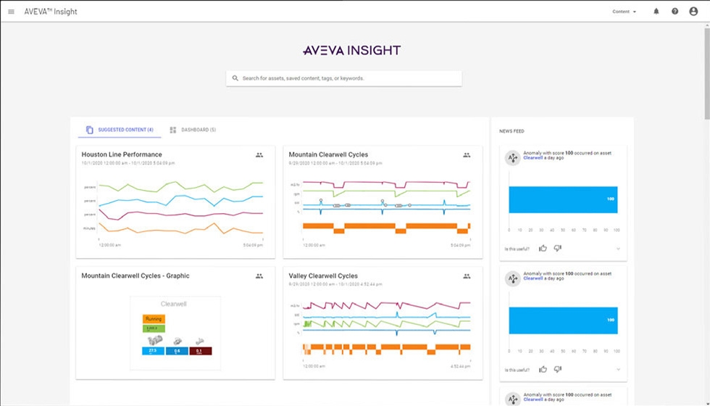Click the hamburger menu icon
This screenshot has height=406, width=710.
tap(11, 12)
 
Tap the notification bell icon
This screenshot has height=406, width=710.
tap(656, 12)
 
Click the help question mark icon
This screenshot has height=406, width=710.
tap(674, 12)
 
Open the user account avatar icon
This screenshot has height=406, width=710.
tap(693, 12)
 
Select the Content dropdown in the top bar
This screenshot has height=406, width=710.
tap(624, 12)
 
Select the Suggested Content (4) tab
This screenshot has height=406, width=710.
tap(120, 130)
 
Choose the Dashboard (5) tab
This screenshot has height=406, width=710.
tap(193, 130)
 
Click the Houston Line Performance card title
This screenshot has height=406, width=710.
tap(122, 154)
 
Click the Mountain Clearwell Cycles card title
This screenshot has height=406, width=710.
tap(328, 154)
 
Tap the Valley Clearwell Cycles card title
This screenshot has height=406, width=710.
tap(323, 276)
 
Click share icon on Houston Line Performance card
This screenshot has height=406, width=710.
tap(259, 155)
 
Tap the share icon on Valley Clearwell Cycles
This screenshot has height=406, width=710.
tap(467, 276)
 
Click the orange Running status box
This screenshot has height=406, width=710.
tap(154, 319)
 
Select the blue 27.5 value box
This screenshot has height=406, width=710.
tap(153, 351)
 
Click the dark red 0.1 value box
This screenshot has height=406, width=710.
tap(200, 351)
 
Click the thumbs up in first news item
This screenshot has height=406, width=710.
tap(543, 248)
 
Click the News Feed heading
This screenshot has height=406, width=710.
tap(511, 131)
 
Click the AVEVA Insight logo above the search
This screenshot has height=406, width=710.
tap(351, 51)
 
